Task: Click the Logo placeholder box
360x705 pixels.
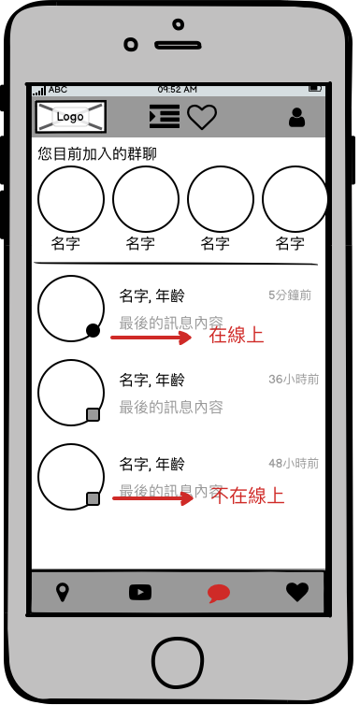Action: [71, 117]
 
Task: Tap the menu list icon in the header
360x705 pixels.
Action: [165, 117]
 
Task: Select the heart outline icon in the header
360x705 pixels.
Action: [202, 118]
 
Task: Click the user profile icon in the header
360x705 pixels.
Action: [296, 118]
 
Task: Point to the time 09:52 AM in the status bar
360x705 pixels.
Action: [177, 90]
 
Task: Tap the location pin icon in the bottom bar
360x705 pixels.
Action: [62, 592]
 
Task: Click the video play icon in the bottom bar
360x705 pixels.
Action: [140, 592]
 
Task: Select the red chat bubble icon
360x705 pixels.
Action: [219, 594]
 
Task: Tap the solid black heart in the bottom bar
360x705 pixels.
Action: [297, 592]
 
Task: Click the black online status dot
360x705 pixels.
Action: [93, 331]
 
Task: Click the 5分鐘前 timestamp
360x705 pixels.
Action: [290, 295]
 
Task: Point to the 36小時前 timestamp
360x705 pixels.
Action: [294, 380]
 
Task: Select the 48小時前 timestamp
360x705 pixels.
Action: [294, 464]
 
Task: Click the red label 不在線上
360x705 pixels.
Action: [249, 496]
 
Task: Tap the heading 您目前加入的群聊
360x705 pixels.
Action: [97, 154]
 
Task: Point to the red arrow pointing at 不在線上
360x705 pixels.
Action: [152, 498]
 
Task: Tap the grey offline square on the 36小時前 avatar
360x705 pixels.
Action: [93, 414]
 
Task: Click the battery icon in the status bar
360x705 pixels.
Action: [315, 89]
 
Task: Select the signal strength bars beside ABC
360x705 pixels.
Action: [39, 91]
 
